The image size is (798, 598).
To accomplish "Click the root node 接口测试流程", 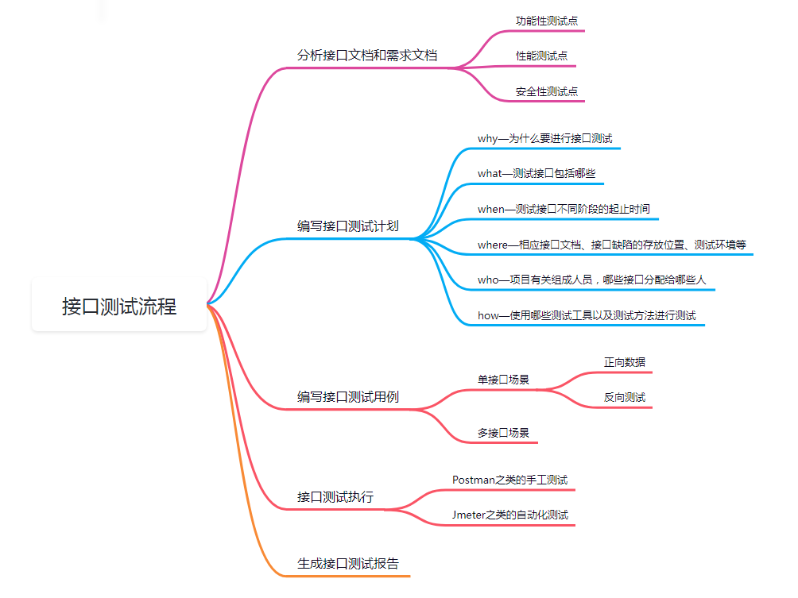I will click(x=119, y=306).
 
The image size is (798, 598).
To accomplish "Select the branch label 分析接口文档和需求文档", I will click(x=367, y=56).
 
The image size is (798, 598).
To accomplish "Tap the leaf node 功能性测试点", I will click(x=546, y=21).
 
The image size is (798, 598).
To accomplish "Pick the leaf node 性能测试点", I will click(x=541, y=56).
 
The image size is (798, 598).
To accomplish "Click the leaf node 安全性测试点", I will click(x=546, y=92).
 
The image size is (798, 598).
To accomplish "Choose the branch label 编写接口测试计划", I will click(x=348, y=226).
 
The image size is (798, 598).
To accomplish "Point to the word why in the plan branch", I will click(x=487, y=138).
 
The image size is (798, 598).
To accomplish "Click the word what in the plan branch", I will click(x=489, y=173).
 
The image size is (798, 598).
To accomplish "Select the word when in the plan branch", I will click(x=491, y=209).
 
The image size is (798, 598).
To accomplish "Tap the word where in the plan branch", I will click(x=493, y=245).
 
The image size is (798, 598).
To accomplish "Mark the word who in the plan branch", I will click(x=487, y=280).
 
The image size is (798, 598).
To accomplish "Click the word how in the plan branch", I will click(x=488, y=315).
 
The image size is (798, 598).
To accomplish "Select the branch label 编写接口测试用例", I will click(x=348, y=397).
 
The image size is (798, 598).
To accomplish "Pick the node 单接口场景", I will click(x=503, y=380).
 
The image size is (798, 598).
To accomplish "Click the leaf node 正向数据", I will click(x=624, y=362).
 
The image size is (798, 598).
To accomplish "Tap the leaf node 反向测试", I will click(x=624, y=397).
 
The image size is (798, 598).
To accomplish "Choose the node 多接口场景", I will click(x=503, y=433).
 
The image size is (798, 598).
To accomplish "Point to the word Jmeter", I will click(x=470, y=515).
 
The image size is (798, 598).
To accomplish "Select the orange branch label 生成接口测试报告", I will click(x=348, y=564).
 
